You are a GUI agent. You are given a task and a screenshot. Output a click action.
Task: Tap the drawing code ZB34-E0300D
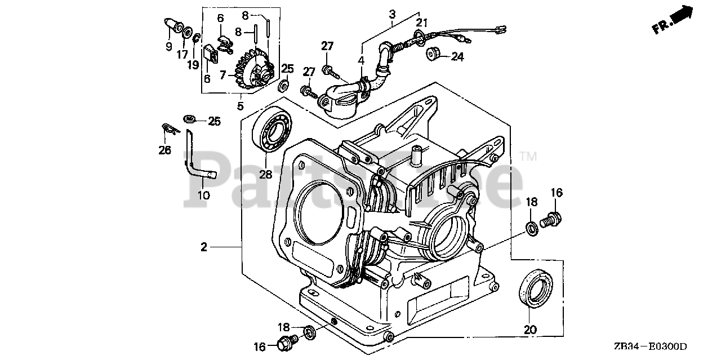pos(650,346)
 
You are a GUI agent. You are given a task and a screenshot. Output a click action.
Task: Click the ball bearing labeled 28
pos(272,129)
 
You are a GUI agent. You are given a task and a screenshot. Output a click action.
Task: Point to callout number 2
pos(204,247)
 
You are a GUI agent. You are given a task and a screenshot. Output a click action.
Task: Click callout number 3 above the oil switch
pos(392,15)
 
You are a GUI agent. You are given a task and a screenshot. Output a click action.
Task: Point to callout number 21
pos(422,23)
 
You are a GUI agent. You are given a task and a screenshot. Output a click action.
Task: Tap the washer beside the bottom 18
pos(310,332)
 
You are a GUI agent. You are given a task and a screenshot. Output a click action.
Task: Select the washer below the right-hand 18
pos(532,228)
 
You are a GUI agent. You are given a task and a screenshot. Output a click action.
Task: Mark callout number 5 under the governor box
pos(241,106)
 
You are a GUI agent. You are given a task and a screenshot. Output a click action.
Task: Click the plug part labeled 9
pos(175,25)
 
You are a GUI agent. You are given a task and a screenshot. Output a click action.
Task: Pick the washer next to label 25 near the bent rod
pos(190,119)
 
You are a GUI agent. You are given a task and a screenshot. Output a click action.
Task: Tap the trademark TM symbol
pos(529,157)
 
